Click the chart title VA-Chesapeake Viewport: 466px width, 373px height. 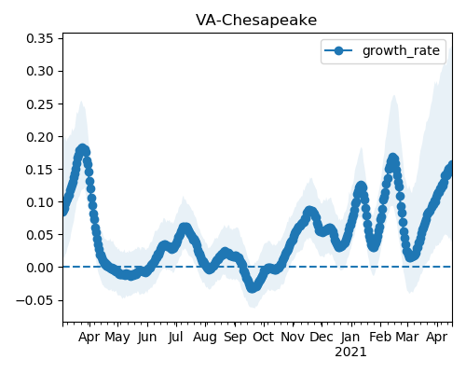tap(256, 21)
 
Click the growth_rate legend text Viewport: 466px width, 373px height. tap(401, 50)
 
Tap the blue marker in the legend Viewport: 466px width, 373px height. tap(338, 50)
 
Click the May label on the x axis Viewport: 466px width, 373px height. tap(117, 338)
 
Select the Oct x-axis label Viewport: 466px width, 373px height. tap(264, 337)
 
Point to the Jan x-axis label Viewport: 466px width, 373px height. tap(350, 338)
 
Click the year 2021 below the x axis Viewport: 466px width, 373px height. tap(350, 352)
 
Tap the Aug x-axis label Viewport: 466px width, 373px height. tap(205, 338)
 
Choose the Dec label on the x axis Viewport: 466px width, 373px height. tap(322, 337)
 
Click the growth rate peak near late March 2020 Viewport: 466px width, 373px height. tap(82, 149)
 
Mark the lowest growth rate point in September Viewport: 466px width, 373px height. tap(253, 287)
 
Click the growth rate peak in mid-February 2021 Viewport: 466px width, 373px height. tap(393, 159)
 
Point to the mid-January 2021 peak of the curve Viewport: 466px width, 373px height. tap(361, 186)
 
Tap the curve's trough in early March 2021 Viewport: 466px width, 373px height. tap(411, 256)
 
